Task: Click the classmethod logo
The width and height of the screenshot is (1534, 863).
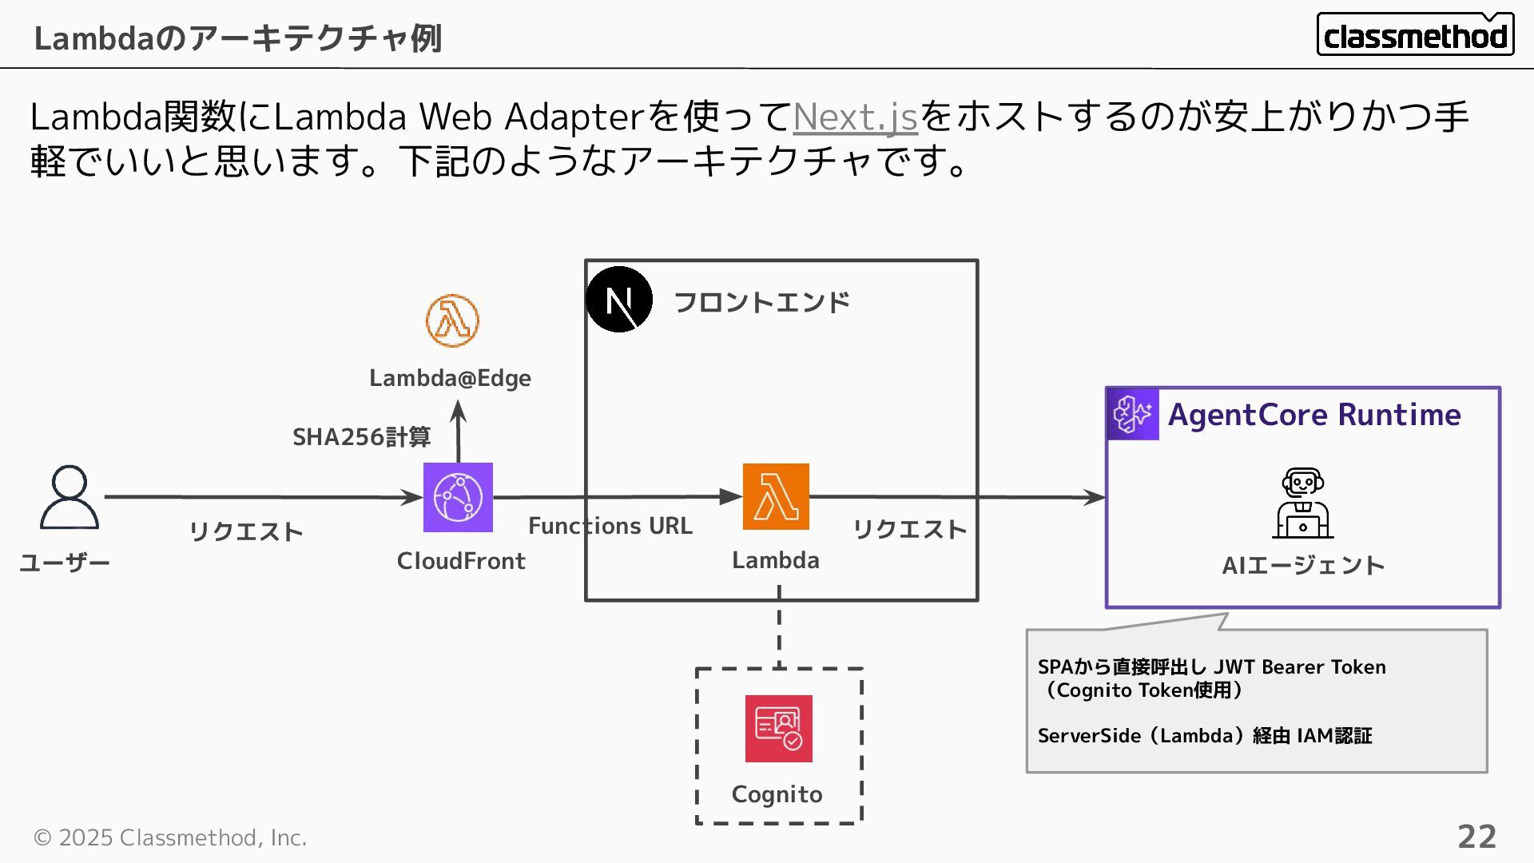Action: (1415, 35)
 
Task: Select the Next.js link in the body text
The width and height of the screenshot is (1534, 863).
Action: (855, 117)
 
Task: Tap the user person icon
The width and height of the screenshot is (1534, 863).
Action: (70, 497)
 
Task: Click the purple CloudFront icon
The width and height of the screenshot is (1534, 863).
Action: (458, 497)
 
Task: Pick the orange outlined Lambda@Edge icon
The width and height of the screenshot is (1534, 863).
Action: (452, 320)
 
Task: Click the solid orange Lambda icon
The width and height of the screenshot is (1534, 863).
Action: (776, 496)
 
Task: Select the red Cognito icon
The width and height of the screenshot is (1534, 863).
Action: (778, 728)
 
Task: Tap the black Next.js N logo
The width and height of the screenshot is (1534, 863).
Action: (619, 300)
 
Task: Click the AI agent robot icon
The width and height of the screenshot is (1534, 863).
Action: (1303, 503)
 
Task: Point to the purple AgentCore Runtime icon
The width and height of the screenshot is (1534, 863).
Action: (1133, 414)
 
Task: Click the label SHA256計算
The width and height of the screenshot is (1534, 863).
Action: (361, 437)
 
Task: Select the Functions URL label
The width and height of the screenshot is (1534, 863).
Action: (610, 526)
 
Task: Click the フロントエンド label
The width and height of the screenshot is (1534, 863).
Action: (761, 302)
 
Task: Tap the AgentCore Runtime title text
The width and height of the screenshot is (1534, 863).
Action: (1314, 415)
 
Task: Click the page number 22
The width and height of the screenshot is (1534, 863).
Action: (1476, 837)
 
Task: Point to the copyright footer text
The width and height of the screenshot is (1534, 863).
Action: (170, 837)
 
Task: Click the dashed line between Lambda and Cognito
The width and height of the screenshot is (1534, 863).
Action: (779, 627)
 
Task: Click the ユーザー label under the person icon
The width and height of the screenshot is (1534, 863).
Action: (65, 563)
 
